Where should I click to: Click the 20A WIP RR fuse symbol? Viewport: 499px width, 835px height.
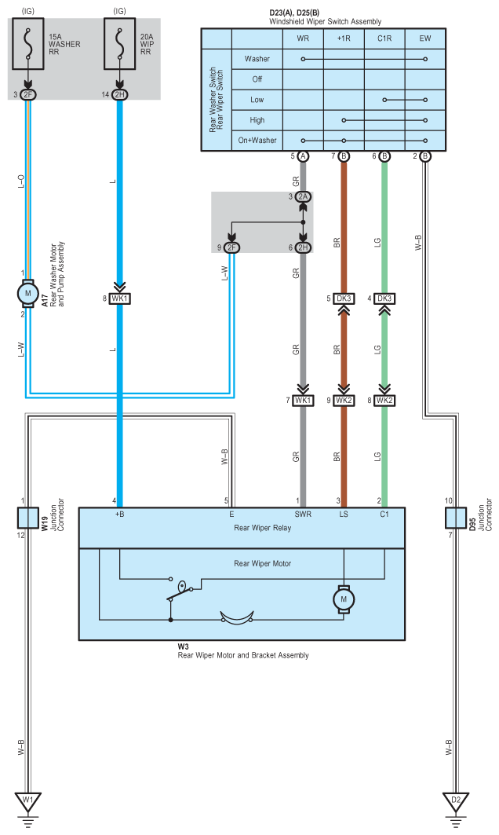(x=120, y=44)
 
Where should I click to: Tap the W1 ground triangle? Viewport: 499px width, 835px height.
(x=28, y=800)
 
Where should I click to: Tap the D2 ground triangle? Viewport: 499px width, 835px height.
(x=455, y=800)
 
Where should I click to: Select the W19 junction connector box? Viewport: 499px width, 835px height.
(x=27, y=517)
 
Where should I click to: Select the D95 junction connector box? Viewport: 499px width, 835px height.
(x=456, y=517)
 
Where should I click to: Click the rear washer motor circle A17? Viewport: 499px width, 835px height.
(x=27, y=294)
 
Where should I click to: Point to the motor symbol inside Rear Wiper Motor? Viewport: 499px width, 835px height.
(x=344, y=599)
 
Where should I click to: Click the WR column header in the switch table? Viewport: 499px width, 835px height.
(x=303, y=38)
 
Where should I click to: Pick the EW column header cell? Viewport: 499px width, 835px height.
(x=425, y=38)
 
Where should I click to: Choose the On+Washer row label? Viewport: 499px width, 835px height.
(x=257, y=141)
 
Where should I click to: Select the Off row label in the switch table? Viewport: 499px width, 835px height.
(x=257, y=79)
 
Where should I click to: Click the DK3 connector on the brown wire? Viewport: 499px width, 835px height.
(x=344, y=298)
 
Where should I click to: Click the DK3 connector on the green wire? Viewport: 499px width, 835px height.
(x=384, y=298)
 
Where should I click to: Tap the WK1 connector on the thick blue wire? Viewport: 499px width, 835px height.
(x=120, y=298)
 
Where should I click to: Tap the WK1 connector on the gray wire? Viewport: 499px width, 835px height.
(x=303, y=401)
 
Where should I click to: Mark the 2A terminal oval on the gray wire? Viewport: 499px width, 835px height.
(x=303, y=196)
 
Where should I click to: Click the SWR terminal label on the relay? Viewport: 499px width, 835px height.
(x=303, y=515)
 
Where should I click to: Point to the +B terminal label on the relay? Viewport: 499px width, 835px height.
(x=120, y=515)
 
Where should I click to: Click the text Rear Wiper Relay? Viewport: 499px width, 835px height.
(x=263, y=528)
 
